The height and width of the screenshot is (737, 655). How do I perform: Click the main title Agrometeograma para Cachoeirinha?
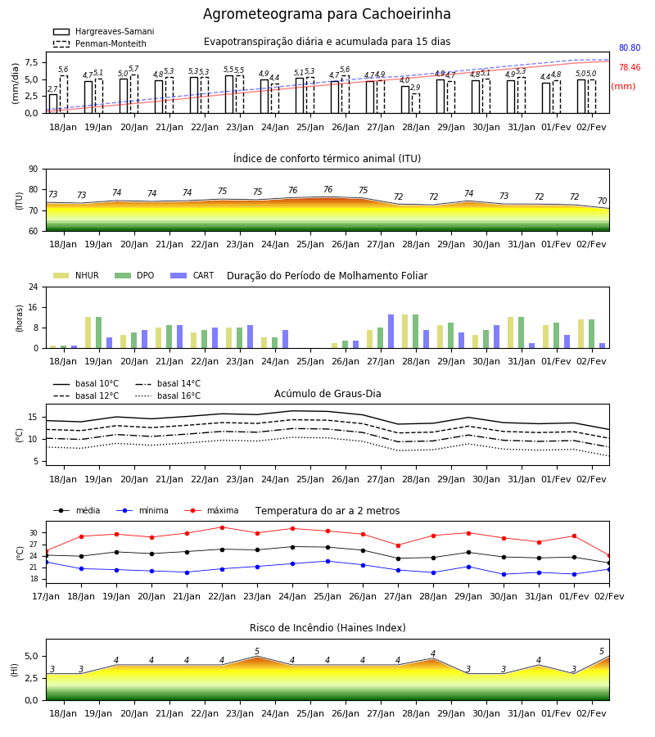click(x=327, y=14)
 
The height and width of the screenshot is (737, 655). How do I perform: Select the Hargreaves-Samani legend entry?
click(x=103, y=31)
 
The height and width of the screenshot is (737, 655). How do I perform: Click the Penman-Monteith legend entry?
click(x=100, y=43)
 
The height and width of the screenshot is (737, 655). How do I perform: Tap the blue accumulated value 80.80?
click(x=630, y=48)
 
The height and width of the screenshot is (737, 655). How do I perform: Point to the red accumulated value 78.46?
click(x=630, y=68)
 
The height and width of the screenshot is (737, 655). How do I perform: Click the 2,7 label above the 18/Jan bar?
click(x=52, y=89)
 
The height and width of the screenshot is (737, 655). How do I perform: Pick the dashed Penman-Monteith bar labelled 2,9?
click(x=416, y=103)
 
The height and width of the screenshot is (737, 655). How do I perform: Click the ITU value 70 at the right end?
click(x=602, y=201)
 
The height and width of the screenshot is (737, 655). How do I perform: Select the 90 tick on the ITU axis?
click(x=34, y=170)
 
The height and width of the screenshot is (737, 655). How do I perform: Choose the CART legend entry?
click(x=192, y=275)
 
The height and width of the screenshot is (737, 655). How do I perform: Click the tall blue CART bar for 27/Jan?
click(x=391, y=332)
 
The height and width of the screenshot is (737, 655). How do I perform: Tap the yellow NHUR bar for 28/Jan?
click(x=405, y=332)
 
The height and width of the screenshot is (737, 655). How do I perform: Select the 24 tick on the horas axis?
click(x=34, y=287)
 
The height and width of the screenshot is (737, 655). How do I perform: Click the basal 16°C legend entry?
click(x=168, y=396)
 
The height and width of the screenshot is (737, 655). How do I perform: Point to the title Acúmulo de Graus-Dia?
click(x=327, y=394)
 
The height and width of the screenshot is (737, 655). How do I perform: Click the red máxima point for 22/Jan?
click(x=222, y=527)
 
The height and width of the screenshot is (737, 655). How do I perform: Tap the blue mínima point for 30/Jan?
click(x=504, y=574)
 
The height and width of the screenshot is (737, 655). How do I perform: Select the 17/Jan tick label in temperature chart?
click(x=46, y=596)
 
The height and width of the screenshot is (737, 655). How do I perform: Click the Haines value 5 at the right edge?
click(x=602, y=652)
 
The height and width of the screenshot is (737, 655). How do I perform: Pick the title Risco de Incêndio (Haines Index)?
click(x=327, y=628)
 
